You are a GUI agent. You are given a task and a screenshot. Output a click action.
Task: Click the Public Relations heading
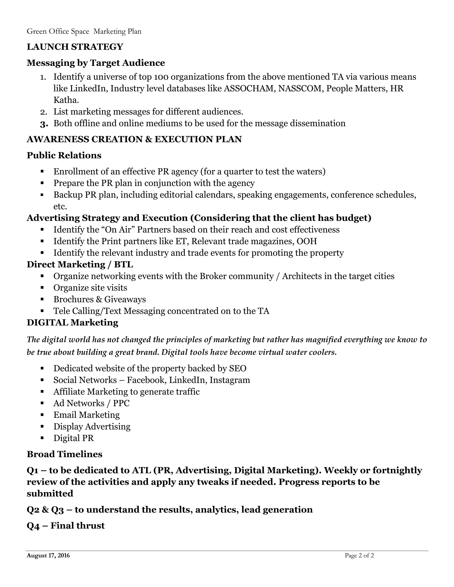pyautogui.click(x=64, y=155)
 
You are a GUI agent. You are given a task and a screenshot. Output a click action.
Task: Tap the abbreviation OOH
pyautogui.click(x=307, y=241)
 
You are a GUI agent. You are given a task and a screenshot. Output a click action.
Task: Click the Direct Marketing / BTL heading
pyautogui.click(x=80, y=264)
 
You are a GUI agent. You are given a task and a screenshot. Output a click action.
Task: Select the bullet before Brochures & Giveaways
pyautogui.click(x=42, y=299)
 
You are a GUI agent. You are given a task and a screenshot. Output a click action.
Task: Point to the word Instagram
pyautogui.click(x=230, y=380)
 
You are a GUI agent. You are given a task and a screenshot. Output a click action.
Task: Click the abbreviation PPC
pyautogui.click(x=121, y=403)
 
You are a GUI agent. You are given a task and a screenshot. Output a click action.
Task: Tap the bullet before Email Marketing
pyautogui.click(x=42, y=415)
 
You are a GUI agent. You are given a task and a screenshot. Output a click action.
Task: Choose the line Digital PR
pyautogui.click(x=73, y=438)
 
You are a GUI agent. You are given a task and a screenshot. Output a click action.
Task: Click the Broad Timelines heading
pyautogui.click(x=65, y=454)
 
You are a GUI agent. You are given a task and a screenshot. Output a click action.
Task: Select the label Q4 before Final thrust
pyautogui.click(x=33, y=526)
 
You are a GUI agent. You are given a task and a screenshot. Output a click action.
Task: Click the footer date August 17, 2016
pyautogui.click(x=48, y=556)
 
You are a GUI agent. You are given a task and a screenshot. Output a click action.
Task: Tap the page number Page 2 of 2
pyautogui.click(x=359, y=556)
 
